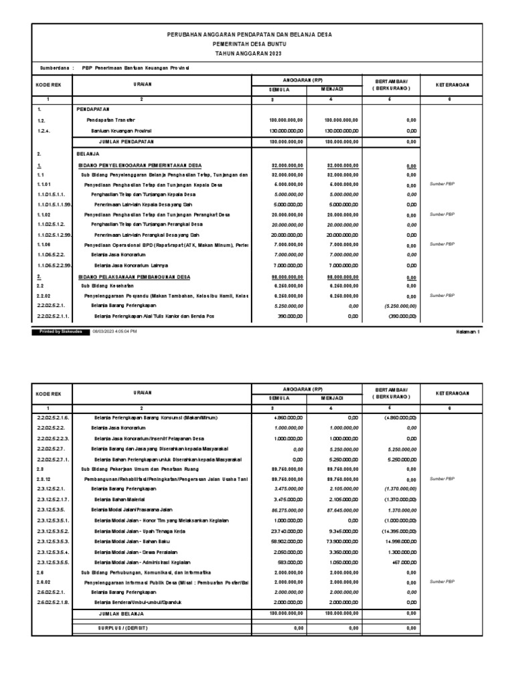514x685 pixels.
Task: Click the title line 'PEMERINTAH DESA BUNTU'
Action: point(249,42)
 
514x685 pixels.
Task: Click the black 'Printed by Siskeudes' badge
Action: point(60,331)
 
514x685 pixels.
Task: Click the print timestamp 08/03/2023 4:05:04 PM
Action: point(119,331)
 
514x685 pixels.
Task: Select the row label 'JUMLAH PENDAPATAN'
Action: point(126,142)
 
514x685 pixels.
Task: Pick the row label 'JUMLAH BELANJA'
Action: point(122,612)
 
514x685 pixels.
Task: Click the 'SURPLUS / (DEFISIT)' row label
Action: point(124,628)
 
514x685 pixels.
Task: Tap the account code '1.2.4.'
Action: point(43,130)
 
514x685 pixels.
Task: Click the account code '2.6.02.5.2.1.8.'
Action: point(51,601)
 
